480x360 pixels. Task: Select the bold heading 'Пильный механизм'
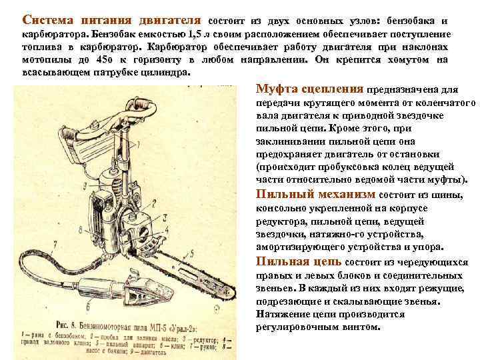[315, 195]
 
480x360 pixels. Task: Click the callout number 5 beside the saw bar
[193, 252]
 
